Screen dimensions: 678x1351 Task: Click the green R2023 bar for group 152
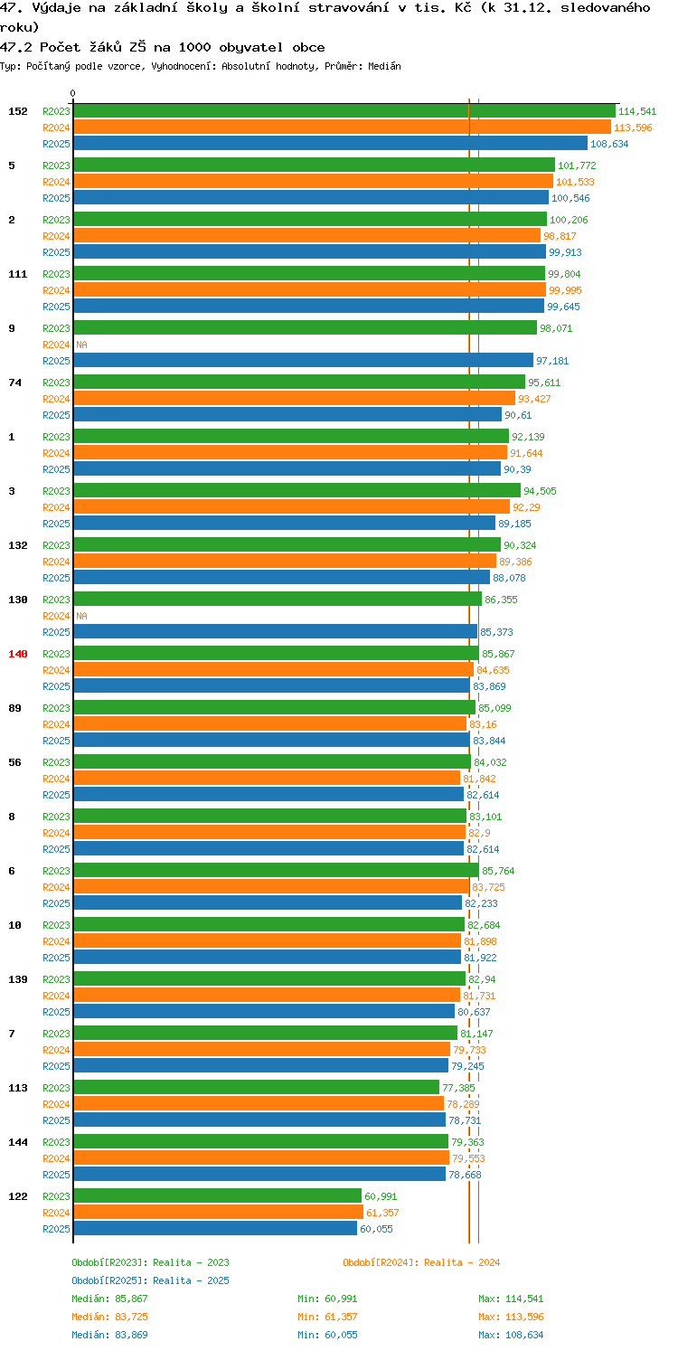coord(344,111)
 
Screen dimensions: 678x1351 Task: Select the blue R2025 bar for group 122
coord(215,1229)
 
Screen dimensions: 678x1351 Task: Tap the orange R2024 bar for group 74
coord(295,399)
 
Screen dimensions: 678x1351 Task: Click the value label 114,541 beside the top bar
coord(637,111)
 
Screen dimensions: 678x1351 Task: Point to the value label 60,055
coord(376,1229)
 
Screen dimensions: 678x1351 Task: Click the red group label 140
coord(18,654)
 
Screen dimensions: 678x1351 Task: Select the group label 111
coord(18,274)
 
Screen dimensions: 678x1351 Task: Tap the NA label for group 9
coord(81,345)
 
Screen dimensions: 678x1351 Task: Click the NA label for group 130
coord(81,616)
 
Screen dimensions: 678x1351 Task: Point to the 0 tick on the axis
coord(73,93)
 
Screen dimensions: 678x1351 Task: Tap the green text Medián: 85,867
coord(109,1299)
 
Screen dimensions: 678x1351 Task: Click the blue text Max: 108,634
coord(511,1335)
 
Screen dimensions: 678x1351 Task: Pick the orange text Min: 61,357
coord(327,1317)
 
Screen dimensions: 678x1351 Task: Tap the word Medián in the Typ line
coord(384,66)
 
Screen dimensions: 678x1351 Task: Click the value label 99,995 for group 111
coord(565,290)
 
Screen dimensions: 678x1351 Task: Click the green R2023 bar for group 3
coord(297,491)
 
